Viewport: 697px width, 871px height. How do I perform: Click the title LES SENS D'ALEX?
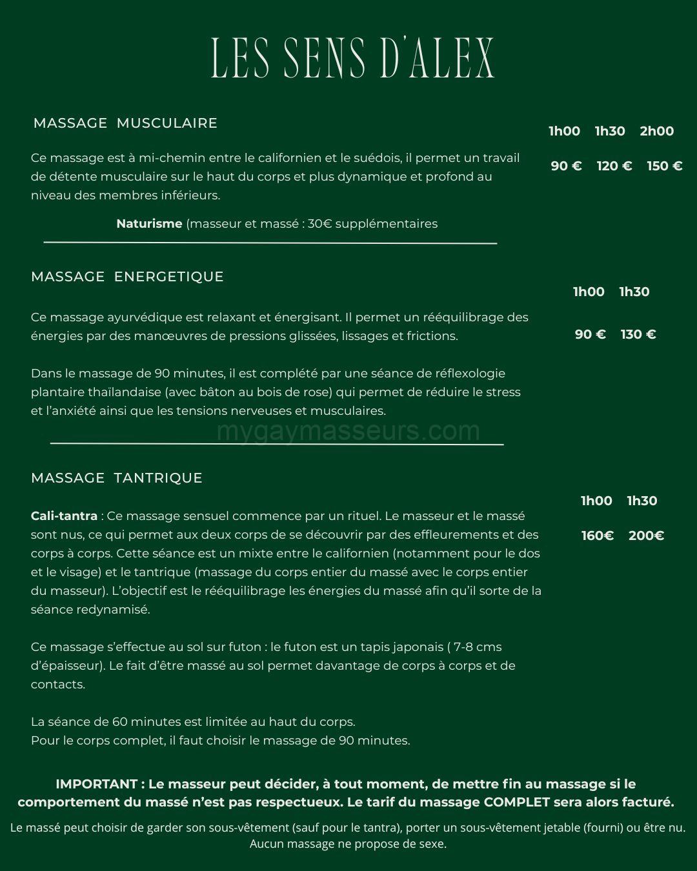[x=352, y=58]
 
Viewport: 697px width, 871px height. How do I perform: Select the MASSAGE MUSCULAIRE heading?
[x=125, y=123]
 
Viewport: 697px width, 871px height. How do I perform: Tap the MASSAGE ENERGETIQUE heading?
[x=127, y=277]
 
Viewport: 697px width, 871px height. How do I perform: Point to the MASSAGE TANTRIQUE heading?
[x=116, y=478]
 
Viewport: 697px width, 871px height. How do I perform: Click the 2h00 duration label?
[x=656, y=131]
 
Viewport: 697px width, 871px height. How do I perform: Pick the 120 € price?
[x=614, y=166]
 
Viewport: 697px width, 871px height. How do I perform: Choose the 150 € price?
[x=664, y=166]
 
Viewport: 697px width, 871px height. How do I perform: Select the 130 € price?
[x=638, y=334]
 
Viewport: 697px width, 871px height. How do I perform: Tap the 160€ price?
[x=597, y=536]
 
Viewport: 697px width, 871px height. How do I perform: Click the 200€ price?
[x=646, y=536]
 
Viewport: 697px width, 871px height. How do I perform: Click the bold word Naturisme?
[x=149, y=224]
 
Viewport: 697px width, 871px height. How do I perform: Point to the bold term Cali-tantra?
[x=64, y=516]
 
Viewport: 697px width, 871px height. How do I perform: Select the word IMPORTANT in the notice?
[x=96, y=785]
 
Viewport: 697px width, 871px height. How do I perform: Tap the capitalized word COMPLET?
[x=517, y=803]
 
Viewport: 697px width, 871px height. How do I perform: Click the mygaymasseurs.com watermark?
[x=348, y=430]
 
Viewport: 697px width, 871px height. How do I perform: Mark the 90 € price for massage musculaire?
[x=566, y=166]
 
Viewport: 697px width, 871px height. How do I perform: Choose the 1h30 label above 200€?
[x=641, y=501]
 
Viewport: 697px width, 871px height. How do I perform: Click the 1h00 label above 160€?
[x=596, y=501]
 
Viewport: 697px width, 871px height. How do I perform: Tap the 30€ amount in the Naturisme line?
[x=319, y=224]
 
